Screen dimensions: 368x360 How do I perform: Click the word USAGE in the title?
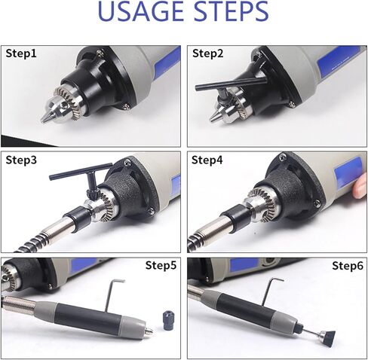[141, 11]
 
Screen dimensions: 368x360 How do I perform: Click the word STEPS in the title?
[232, 11]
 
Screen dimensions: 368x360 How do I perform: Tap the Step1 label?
[21, 53]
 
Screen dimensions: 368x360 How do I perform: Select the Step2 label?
[207, 53]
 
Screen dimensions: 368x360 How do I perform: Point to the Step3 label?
[21, 160]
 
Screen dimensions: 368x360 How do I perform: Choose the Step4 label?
[207, 160]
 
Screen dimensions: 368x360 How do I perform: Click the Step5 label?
[161, 265]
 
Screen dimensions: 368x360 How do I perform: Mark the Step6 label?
[348, 265]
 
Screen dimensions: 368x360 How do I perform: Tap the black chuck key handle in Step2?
[232, 83]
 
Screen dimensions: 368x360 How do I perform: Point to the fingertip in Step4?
[360, 186]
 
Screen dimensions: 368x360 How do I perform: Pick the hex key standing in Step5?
[112, 296]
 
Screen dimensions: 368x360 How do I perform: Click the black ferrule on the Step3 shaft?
[78, 218]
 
